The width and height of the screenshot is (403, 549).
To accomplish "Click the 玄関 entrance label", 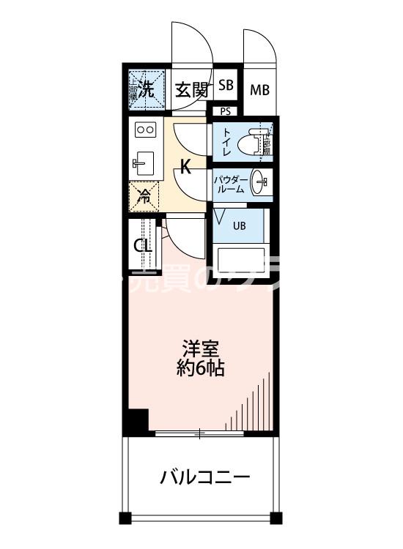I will [x=193, y=91].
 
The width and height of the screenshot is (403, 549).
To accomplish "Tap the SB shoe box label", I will [x=226, y=85].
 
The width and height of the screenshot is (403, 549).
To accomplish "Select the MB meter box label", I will [x=259, y=91].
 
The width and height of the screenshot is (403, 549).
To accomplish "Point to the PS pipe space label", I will [x=225, y=111].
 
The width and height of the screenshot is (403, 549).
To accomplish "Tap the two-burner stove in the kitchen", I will [x=145, y=130].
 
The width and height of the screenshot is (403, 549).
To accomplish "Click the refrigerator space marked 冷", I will [x=145, y=195].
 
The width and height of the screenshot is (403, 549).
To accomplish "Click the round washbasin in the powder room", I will [x=259, y=184].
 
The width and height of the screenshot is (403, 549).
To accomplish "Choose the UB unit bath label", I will [x=239, y=225].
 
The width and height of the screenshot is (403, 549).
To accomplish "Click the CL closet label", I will [x=143, y=246].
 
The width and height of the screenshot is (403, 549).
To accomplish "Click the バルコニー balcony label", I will [x=205, y=478].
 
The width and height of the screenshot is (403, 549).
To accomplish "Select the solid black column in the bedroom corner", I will [x=136, y=422].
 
